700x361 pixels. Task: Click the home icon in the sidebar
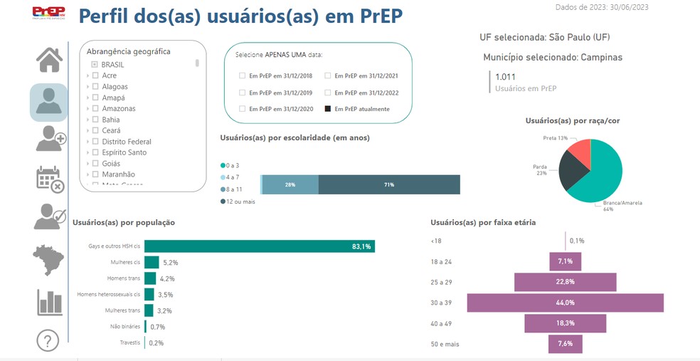point(49,60)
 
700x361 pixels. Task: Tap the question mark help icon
point(48,340)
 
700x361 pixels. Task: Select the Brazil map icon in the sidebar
point(48,260)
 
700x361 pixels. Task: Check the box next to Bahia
point(95,120)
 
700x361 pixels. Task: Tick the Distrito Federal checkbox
point(95,142)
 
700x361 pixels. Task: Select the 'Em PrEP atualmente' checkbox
point(328,109)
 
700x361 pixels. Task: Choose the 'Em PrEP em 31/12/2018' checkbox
point(243,75)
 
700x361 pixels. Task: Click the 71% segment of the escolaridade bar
point(388,184)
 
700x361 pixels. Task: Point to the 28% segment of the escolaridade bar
point(290,184)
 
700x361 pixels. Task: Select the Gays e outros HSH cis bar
point(259,246)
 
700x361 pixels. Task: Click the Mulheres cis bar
point(152,263)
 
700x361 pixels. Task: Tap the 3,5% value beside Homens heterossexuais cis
point(165,295)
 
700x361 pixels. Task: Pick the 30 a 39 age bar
point(565,303)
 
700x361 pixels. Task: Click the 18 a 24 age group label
point(441,262)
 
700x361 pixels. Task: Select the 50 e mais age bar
point(565,344)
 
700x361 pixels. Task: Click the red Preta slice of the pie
point(580,150)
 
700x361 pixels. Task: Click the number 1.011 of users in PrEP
point(506,77)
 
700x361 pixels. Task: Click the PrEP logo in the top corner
point(48,12)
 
